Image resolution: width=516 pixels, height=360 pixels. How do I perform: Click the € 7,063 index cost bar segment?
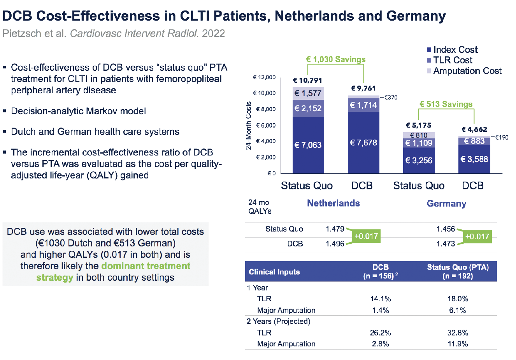pyautogui.click(x=308, y=145)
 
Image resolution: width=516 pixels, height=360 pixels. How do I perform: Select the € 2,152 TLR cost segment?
pyautogui.click(x=308, y=108)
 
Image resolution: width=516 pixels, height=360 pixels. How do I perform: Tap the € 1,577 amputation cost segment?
pyautogui.click(x=308, y=93)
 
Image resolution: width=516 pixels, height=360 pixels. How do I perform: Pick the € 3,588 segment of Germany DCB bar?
pyautogui.click(x=474, y=159)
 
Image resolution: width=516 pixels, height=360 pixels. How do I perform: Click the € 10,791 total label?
pyautogui.click(x=307, y=80)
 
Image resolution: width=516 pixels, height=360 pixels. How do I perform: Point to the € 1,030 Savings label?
pyautogui.click(x=335, y=59)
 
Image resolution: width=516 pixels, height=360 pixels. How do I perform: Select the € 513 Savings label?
pyautogui.click(x=446, y=104)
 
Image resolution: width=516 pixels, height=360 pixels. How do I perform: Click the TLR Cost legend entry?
pyautogui.click(x=453, y=60)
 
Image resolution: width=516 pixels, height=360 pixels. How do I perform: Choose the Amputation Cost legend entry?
pyautogui.click(x=467, y=71)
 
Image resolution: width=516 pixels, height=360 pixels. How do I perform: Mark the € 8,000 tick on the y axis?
pyautogui.click(x=265, y=109)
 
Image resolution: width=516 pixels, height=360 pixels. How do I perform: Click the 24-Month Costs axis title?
pyautogui.click(x=249, y=126)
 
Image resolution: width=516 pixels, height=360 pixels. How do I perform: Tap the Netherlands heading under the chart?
pyautogui.click(x=333, y=203)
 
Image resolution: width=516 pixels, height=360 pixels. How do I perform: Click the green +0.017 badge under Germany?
pyautogui.click(x=477, y=236)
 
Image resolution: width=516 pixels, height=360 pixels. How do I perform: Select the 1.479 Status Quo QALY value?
pyautogui.click(x=335, y=229)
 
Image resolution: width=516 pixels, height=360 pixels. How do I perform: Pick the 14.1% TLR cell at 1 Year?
pyautogui.click(x=380, y=299)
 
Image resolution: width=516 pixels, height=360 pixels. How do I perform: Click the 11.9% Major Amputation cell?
pyautogui.click(x=458, y=344)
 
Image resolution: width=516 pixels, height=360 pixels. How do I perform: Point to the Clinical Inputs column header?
pyautogui.click(x=274, y=272)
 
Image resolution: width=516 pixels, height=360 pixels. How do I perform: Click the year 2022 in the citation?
pyautogui.click(x=213, y=33)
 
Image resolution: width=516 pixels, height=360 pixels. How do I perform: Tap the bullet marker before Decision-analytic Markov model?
pyautogui.click(x=5, y=111)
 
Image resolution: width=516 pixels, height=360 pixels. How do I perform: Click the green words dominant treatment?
pyautogui.click(x=146, y=266)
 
